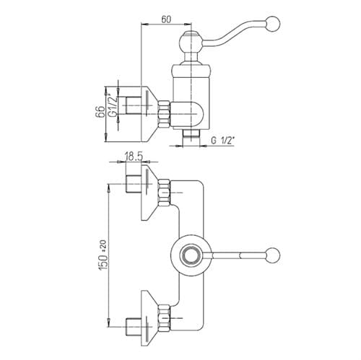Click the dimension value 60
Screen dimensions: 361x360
[x=166, y=19]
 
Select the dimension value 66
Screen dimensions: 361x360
[x=100, y=111]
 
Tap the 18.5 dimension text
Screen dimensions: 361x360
[x=134, y=157]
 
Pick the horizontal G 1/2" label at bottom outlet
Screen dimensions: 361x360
[x=222, y=141]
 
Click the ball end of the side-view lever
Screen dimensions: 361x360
[x=273, y=24]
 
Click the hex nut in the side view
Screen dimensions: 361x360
[x=164, y=113]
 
